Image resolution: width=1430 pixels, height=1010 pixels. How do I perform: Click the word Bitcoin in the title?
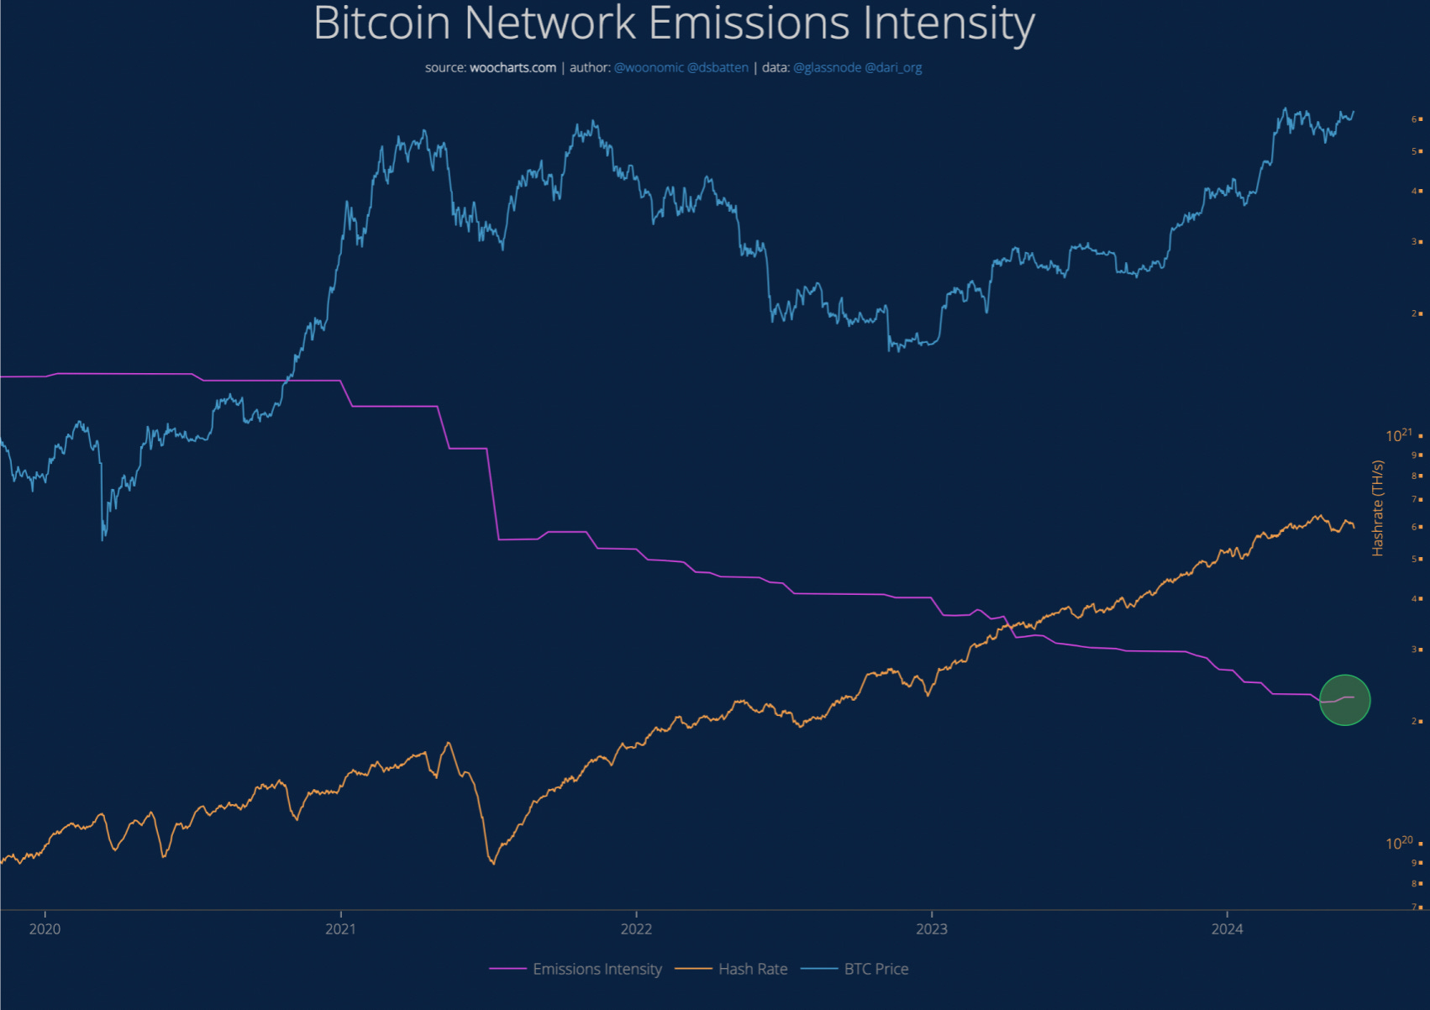coord(382,23)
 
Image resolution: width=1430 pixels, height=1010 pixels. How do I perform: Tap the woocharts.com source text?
coord(513,67)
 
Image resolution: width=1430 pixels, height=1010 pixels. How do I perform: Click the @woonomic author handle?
coord(649,67)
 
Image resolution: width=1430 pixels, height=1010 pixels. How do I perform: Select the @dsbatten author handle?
coord(718,67)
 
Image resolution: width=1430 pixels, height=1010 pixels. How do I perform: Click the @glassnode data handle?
coord(827,67)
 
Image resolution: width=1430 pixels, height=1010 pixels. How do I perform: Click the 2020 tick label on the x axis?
coord(45,928)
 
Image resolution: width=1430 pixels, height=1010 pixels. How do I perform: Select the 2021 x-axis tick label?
coord(340,928)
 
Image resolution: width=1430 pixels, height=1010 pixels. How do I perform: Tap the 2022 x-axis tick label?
coord(636,928)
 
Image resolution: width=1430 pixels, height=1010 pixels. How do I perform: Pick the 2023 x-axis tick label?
coord(931,928)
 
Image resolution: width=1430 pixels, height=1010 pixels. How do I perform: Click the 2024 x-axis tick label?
coord(1227,928)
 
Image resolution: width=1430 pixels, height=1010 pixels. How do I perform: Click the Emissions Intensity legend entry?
coord(597,969)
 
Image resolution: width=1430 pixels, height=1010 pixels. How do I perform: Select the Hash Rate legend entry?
coord(753,969)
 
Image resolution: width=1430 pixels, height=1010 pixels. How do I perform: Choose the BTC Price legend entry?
coord(876,969)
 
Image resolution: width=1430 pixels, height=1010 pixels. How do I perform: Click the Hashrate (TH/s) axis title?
coord(1377,508)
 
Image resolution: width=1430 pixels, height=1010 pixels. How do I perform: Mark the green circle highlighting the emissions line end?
coord(1344,700)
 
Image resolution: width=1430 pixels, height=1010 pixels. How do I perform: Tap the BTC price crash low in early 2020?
coord(103,538)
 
